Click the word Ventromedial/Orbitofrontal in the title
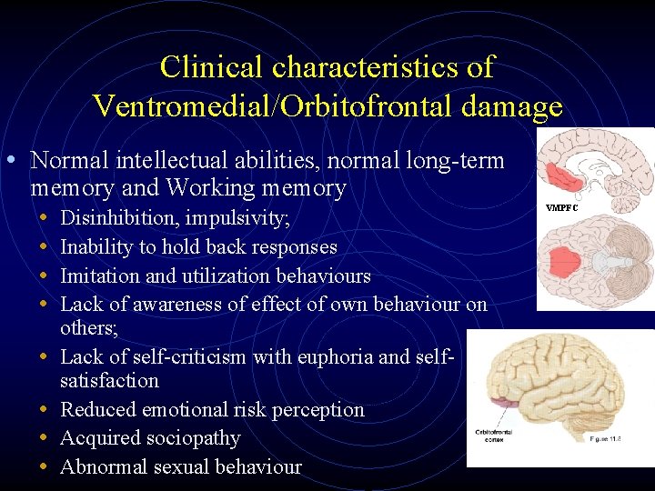click(x=274, y=107)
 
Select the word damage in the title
click(x=511, y=107)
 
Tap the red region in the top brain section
click(x=569, y=175)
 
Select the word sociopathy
click(x=191, y=438)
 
